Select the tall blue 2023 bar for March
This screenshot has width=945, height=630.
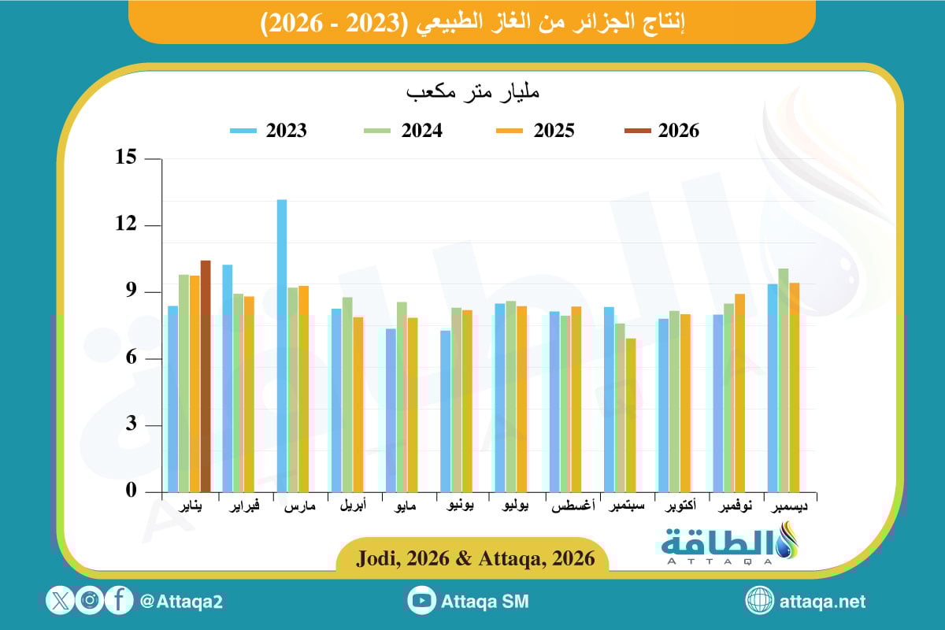pyautogui.click(x=282, y=346)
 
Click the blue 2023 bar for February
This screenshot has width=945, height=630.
pyautogui.click(x=228, y=378)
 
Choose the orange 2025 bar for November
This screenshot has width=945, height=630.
pyautogui.click(x=739, y=393)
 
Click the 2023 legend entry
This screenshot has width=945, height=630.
pyautogui.click(x=269, y=131)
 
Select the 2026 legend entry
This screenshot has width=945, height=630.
pyautogui.click(x=661, y=131)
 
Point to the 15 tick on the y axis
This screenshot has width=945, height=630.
pyautogui.click(x=126, y=158)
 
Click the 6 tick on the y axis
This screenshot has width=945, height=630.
pyautogui.click(x=131, y=358)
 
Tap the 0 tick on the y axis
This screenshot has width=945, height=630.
pyautogui.click(x=131, y=491)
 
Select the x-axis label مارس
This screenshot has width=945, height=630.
pyautogui.click(x=300, y=507)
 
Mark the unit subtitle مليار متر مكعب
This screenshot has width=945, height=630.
pyautogui.click(x=472, y=92)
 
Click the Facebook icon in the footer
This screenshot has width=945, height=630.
pyautogui.click(x=119, y=601)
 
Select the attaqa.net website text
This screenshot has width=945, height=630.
pyautogui.click(x=822, y=602)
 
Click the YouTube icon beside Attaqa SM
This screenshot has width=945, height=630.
pyautogui.click(x=422, y=601)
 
